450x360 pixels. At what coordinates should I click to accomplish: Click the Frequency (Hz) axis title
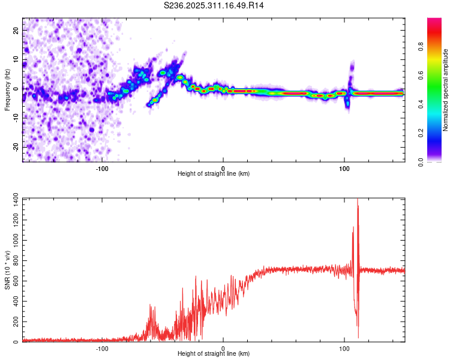point(7,89)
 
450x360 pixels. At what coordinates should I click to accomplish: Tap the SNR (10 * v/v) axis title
point(7,269)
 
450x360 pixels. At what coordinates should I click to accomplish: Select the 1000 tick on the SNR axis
point(12,239)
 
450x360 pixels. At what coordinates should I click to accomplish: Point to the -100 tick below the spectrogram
point(102,168)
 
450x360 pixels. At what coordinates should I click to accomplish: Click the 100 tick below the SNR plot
point(344,348)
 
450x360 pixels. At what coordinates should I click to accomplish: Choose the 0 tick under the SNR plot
point(223,348)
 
